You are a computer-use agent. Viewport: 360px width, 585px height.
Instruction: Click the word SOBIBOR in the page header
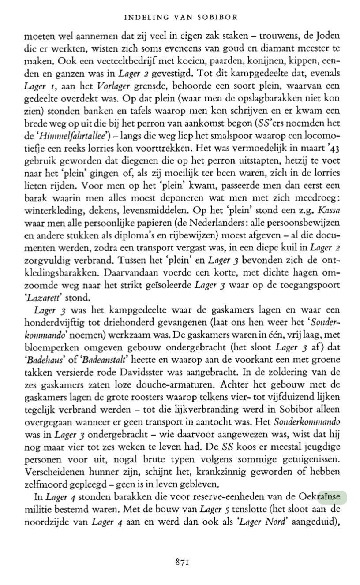[217, 18]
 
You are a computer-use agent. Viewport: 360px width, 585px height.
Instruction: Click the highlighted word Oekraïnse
[323, 498]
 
